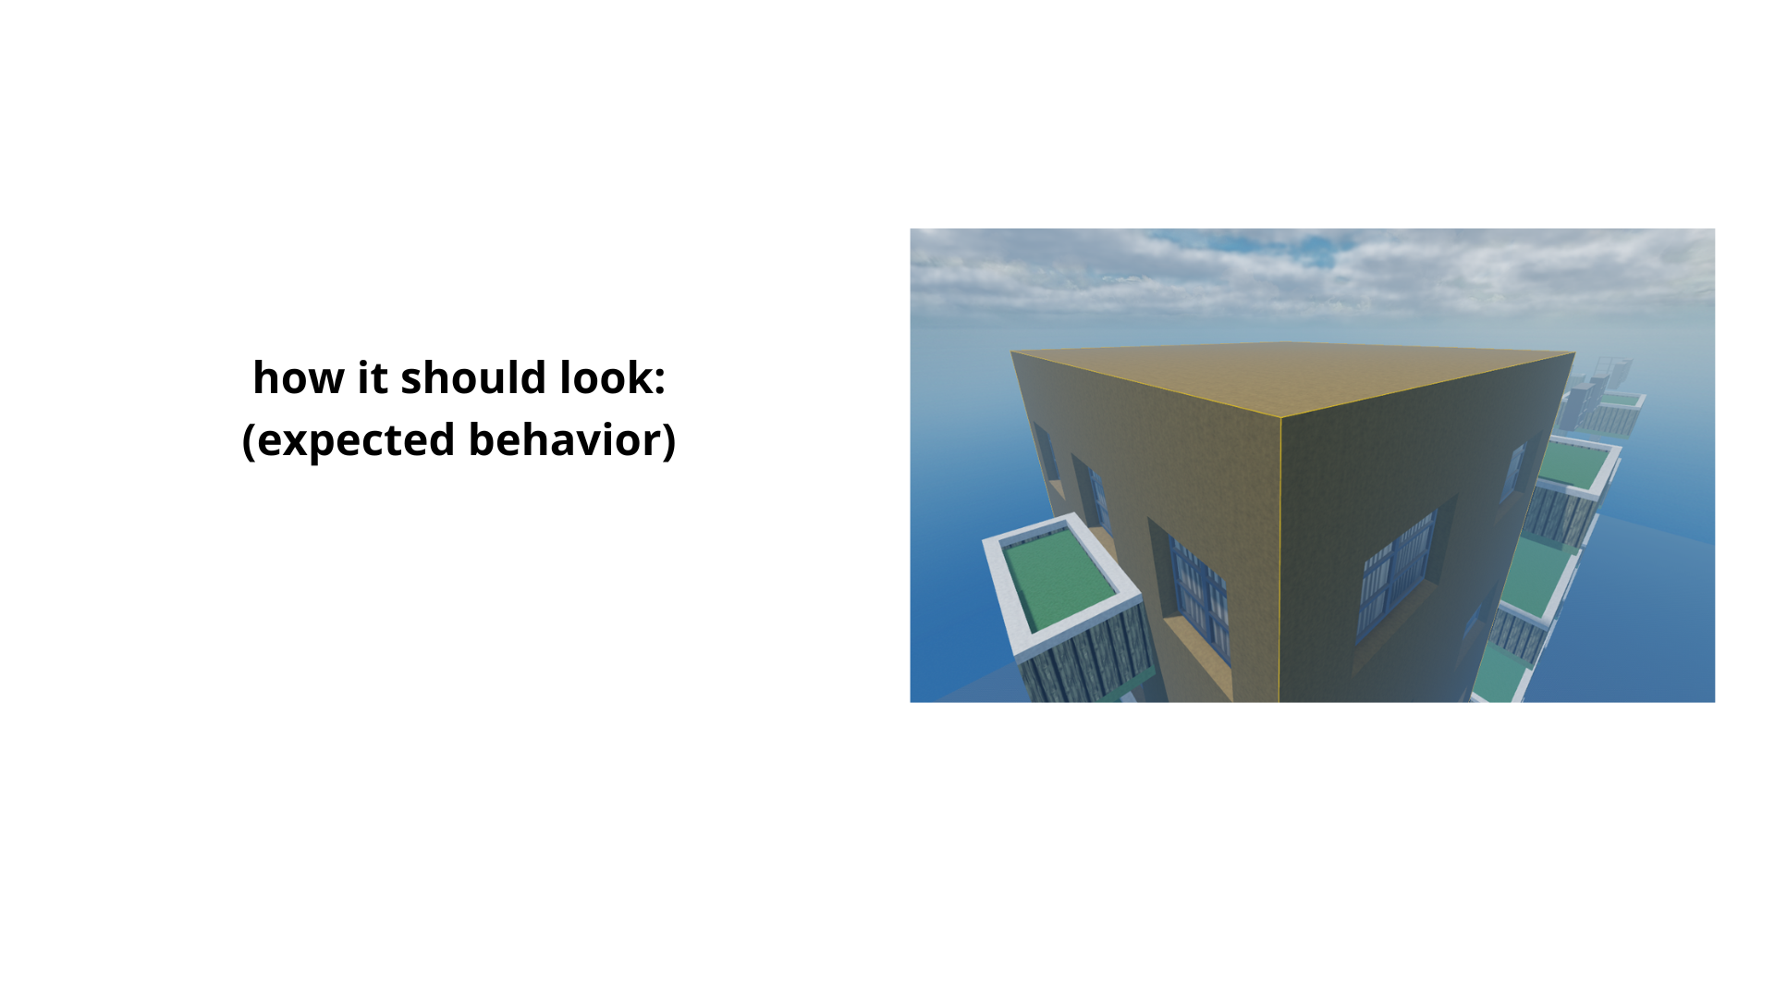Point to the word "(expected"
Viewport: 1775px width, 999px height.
coord(349,440)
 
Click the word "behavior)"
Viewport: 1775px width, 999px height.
coord(572,439)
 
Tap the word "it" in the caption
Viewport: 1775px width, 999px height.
coord(373,377)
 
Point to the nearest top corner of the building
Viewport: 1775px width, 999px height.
coord(1280,418)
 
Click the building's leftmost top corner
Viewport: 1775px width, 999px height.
coord(1011,351)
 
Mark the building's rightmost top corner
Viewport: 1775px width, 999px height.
coord(1574,352)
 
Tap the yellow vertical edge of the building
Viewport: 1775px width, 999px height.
coord(1280,560)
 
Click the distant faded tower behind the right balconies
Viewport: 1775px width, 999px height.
coord(1613,375)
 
